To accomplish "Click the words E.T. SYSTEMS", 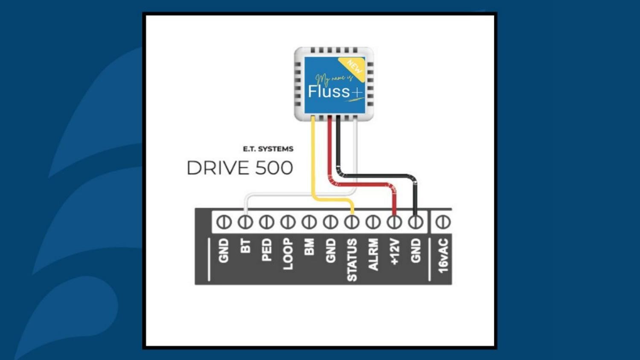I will click(x=268, y=149).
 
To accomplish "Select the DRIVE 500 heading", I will click(x=240, y=168).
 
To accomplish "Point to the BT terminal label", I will click(x=245, y=246).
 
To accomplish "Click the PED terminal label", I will click(x=267, y=250).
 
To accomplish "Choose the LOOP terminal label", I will click(x=288, y=254).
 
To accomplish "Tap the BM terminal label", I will click(x=309, y=247).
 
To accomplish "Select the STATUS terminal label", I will click(x=352, y=260).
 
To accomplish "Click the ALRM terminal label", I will click(x=373, y=254).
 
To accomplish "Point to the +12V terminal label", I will click(x=395, y=252).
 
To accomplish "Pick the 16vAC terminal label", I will click(x=443, y=255).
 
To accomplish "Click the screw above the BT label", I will click(x=245, y=222).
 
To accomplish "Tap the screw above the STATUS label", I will click(x=352, y=222).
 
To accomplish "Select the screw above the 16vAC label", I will click(x=443, y=222).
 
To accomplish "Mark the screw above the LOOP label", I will click(x=288, y=222).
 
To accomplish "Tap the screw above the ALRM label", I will click(x=373, y=222).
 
